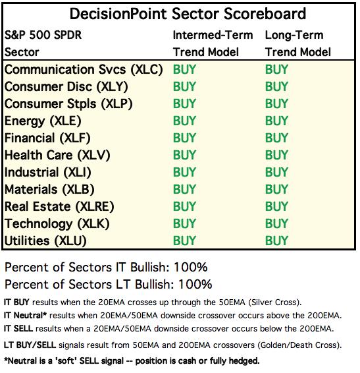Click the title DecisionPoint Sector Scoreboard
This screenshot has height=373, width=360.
[188, 14]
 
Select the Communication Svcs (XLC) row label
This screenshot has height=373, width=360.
[84, 70]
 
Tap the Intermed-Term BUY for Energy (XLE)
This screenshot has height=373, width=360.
[184, 121]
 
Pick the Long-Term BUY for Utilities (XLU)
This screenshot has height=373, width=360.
[276, 241]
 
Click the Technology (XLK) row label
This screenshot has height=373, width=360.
[57, 224]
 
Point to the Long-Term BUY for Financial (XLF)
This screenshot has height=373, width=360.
[276, 138]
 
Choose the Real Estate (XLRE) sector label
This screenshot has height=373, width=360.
[59, 206]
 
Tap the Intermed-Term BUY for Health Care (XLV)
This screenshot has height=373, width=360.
[184, 155]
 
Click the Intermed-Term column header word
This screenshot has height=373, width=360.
[213, 35]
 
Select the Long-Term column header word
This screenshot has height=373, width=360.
[294, 36]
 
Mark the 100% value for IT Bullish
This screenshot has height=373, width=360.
[191, 267]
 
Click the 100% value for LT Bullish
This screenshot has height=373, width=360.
[195, 284]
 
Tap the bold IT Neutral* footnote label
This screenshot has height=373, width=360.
[25, 316]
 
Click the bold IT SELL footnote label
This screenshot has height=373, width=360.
[18, 328]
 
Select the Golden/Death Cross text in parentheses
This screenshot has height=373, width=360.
[299, 345]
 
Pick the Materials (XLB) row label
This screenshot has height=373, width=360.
[49, 189]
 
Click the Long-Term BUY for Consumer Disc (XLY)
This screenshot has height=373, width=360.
[276, 86]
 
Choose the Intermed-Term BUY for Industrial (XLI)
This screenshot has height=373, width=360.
[184, 172]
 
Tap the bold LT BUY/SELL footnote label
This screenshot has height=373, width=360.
[30, 345]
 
